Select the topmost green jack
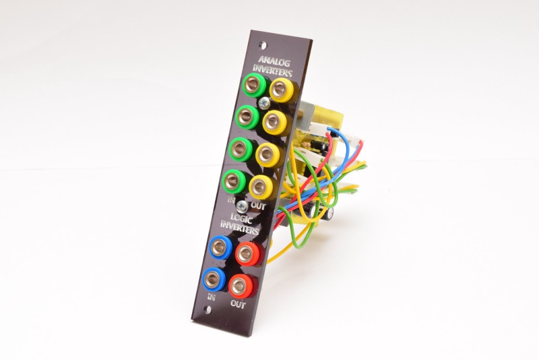coord(252,85)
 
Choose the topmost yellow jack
coord(280,89)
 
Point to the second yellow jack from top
coord(274,121)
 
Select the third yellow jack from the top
coord(267,153)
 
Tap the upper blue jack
coord(220,246)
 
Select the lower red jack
coord(240,286)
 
